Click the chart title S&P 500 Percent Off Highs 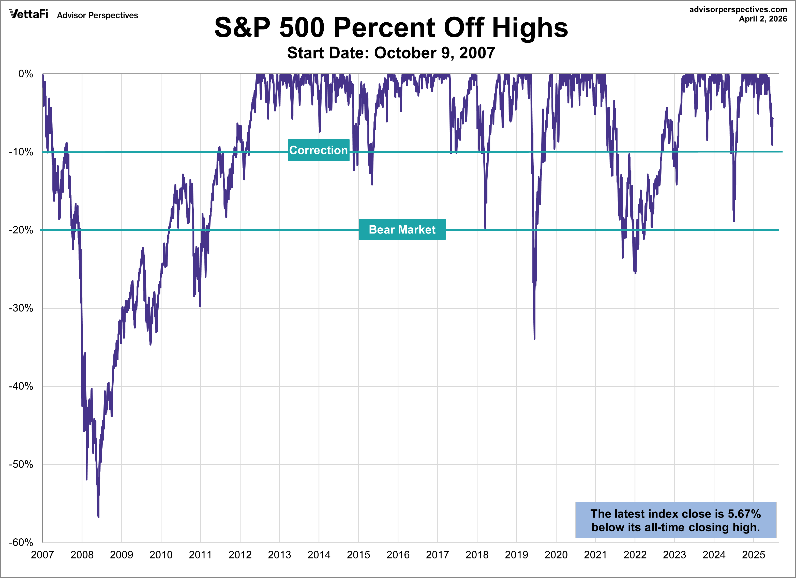pyautogui.click(x=391, y=28)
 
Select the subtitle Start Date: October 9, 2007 pyautogui.click(x=391, y=53)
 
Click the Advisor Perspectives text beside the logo pyautogui.click(x=98, y=15)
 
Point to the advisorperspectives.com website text pyautogui.click(x=738, y=9)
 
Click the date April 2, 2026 pyautogui.click(x=763, y=19)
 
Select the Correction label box pyautogui.click(x=318, y=150)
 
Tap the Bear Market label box pyautogui.click(x=402, y=229)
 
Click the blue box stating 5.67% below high pyautogui.click(x=675, y=520)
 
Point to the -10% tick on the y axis pyautogui.click(x=21, y=152)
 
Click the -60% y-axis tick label pyautogui.click(x=21, y=542)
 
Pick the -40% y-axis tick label pyautogui.click(x=21, y=386)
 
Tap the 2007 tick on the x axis pyautogui.click(x=42, y=555)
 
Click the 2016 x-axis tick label pyautogui.click(x=398, y=555)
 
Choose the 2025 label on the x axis pyautogui.click(x=753, y=555)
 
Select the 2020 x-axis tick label pyautogui.click(x=556, y=555)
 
